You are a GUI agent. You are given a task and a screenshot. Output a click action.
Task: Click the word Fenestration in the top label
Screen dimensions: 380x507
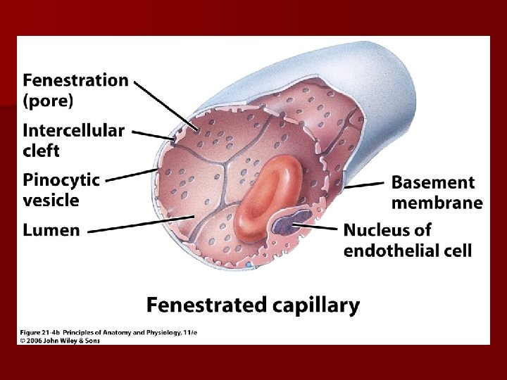pyautogui.click(x=76, y=80)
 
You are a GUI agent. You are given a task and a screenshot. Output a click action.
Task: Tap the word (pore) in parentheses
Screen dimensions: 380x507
pyautogui.click(x=48, y=101)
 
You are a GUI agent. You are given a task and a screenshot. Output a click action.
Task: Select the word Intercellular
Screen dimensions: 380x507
pyautogui.click(x=73, y=131)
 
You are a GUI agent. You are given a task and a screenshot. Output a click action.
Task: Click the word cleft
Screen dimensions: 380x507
pyautogui.click(x=42, y=151)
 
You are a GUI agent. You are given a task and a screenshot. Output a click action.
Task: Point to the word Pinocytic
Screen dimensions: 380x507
pyautogui.click(x=61, y=180)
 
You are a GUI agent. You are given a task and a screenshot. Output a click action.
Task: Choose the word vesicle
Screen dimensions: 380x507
pyautogui.click(x=51, y=201)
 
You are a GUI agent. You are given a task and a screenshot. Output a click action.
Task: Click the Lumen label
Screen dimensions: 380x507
pyautogui.click(x=51, y=231)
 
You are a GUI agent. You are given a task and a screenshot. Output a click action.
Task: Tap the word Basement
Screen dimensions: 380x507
pyautogui.click(x=433, y=183)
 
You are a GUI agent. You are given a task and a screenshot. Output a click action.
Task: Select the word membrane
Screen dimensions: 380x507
pyautogui.click(x=437, y=203)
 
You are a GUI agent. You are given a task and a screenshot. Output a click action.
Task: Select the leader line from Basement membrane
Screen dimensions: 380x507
pyautogui.click(x=365, y=184)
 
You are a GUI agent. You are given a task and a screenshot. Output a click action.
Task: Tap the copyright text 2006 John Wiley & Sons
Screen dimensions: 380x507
pyautogui.click(x=63, y=341)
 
